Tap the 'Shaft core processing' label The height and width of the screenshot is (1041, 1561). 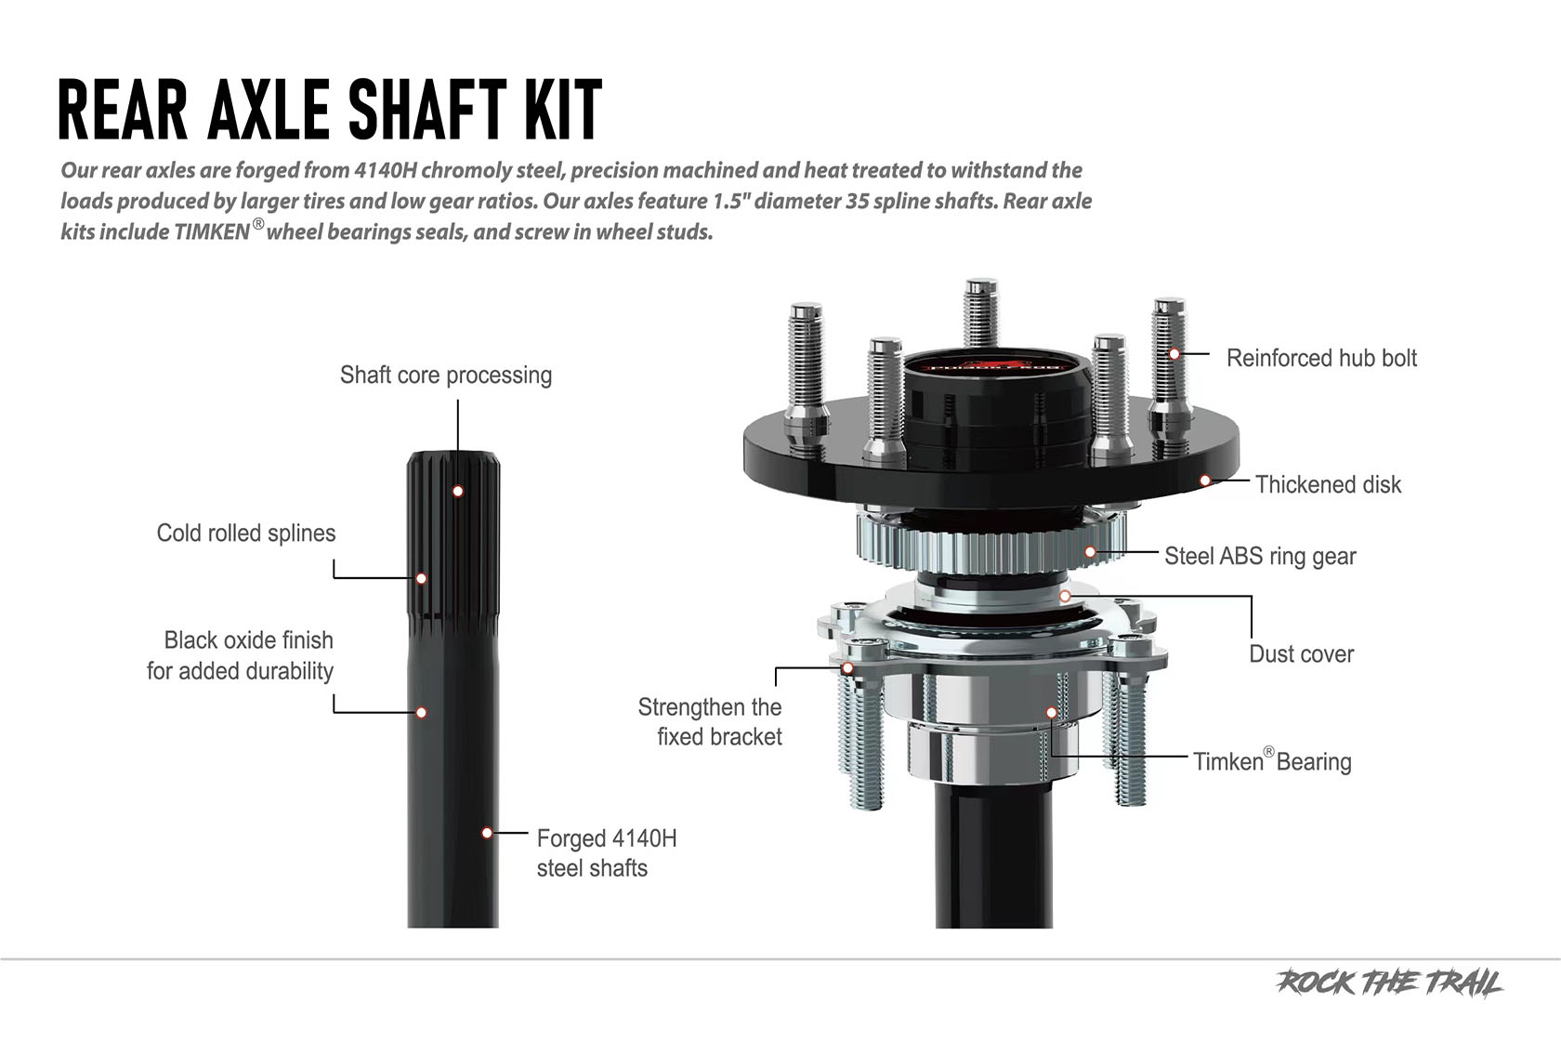[445, 376]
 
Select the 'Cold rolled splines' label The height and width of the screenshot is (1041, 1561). [245, 534]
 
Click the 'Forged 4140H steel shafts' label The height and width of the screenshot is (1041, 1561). [606, 853]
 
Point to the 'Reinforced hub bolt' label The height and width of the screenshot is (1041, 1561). [1321, 359]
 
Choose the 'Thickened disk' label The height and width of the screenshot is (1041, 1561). [1328, 485]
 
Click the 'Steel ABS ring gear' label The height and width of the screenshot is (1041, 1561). [1260, 557]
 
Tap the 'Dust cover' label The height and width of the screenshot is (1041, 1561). [1301, 654]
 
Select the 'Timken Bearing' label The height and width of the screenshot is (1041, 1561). [1272, 762]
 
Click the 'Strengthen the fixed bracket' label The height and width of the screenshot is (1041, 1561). [711, 722]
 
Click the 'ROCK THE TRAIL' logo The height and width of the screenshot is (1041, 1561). [1390, 983]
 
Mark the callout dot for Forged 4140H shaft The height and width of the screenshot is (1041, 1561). [487, 833]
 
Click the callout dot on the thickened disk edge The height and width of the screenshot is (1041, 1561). [1205, 481]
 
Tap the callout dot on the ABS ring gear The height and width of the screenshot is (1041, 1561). [1091, 552]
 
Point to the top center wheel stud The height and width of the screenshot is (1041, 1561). [981, 316]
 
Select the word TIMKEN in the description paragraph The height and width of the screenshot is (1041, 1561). [212, 232]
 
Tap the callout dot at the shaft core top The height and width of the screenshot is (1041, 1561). [458, 491]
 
